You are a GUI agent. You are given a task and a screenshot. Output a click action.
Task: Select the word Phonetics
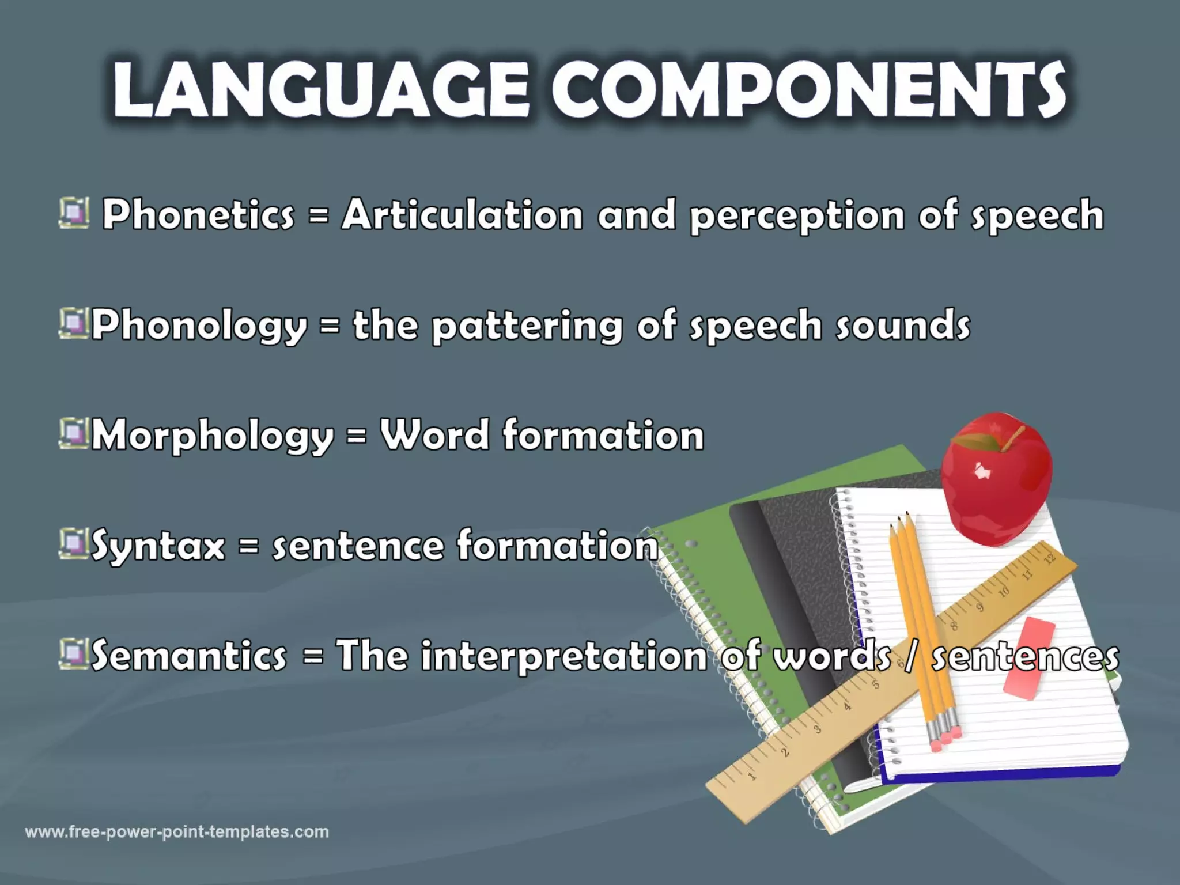198,214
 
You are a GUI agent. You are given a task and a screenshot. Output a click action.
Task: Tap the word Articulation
462,214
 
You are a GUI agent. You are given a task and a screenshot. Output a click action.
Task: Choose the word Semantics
188,655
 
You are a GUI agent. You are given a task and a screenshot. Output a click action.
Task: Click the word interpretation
563,656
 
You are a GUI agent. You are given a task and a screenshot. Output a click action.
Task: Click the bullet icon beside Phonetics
74,213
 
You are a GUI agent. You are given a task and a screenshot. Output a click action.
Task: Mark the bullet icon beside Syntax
73,544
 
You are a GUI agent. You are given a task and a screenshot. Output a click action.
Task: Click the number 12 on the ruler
1049,558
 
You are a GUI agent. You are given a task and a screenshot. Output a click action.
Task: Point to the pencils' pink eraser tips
945,737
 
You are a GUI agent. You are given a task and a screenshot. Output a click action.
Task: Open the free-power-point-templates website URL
177,832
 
